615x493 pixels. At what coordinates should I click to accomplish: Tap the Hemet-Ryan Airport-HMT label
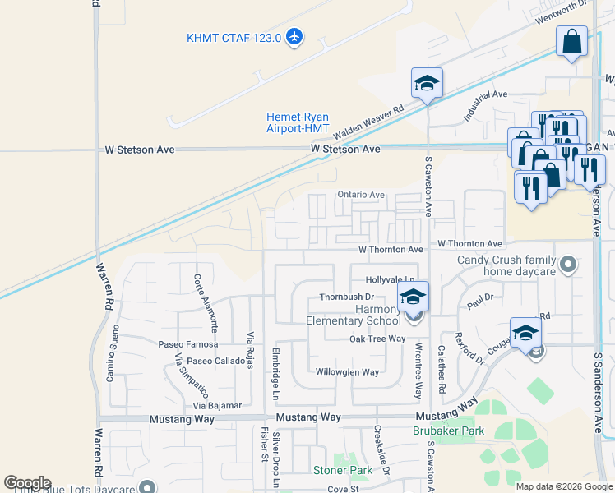point(298,122)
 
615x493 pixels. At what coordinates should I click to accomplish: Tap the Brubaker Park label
point(448,430)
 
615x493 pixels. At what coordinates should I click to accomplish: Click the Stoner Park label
point(343,471)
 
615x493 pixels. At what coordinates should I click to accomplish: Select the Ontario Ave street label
point(361,195)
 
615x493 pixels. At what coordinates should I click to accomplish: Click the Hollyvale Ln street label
point(391,280)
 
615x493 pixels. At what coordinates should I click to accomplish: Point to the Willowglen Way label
point(348,372)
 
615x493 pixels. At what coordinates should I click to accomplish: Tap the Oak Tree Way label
point(377,339)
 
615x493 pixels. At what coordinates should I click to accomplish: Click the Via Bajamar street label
point(217,405)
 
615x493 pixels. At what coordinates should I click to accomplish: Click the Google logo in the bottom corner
point(28,483)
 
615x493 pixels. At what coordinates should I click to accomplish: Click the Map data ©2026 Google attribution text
point(563,486)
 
